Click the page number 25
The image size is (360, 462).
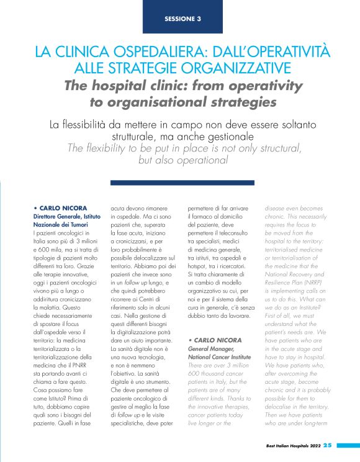pos(327,445)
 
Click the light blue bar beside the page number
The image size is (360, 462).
pos(348,445)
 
